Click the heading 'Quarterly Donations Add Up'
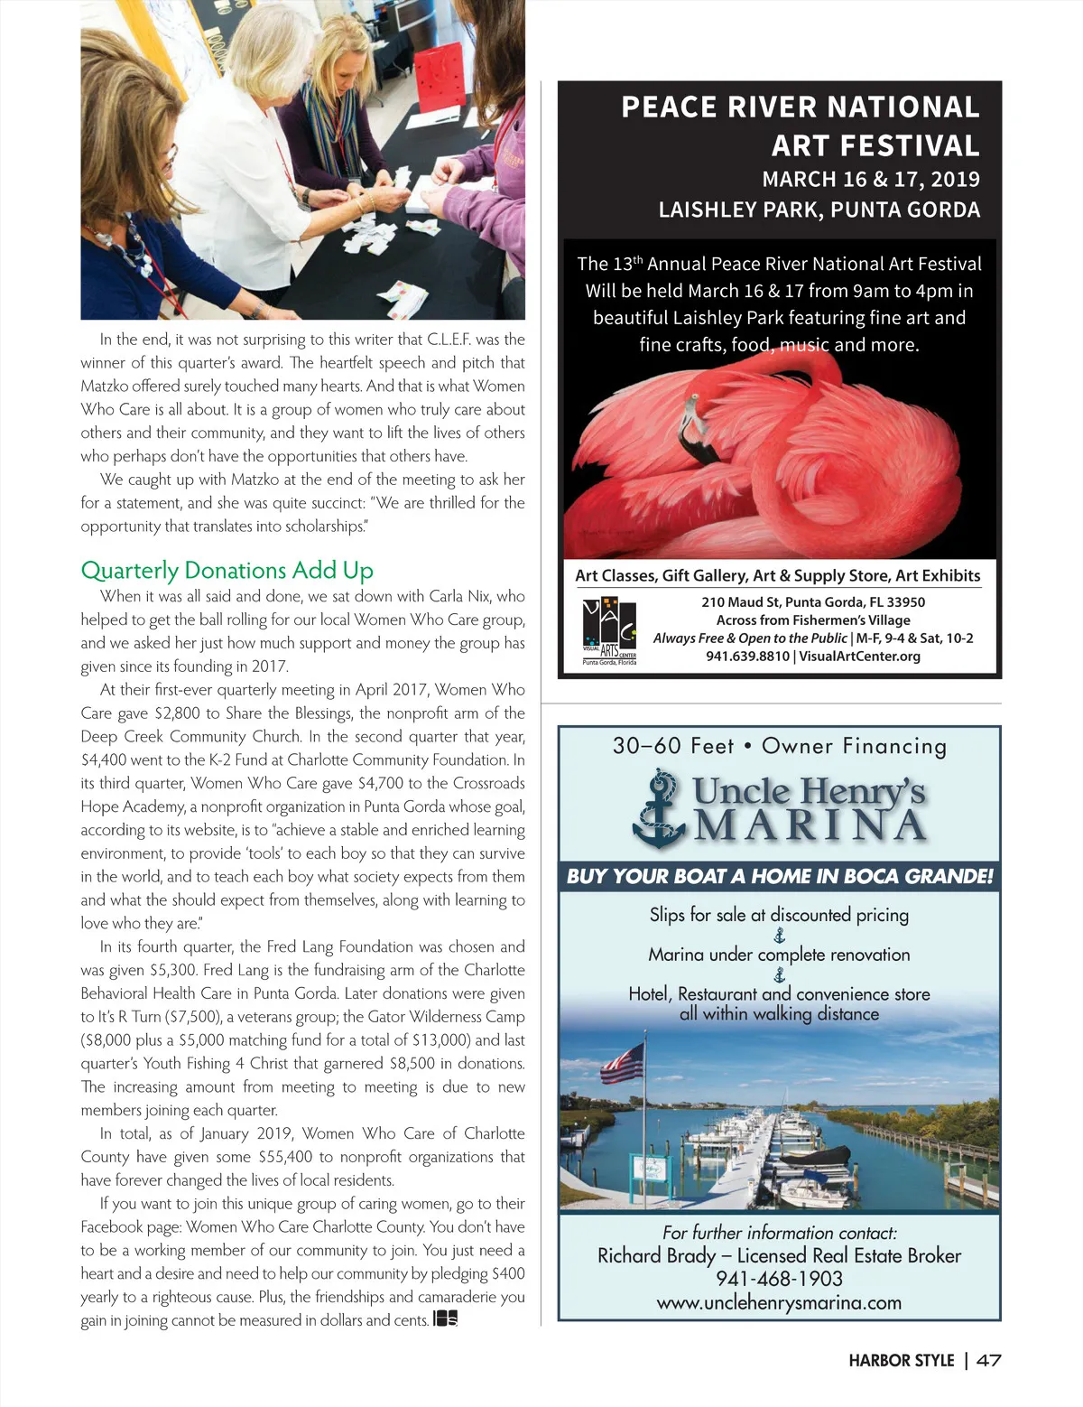point(227,571)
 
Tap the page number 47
point(988,1360)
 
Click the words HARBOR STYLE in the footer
point(901,1360)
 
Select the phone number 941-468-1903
point(779,1279)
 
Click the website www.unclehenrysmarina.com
point(779,1302)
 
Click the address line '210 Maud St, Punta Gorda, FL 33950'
point(812,602)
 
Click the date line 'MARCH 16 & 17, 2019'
point(871,179)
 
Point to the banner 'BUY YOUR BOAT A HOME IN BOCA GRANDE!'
point(779,876)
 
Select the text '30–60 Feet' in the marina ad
point(673,746)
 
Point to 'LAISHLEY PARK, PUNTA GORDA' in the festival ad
point(819,210)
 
